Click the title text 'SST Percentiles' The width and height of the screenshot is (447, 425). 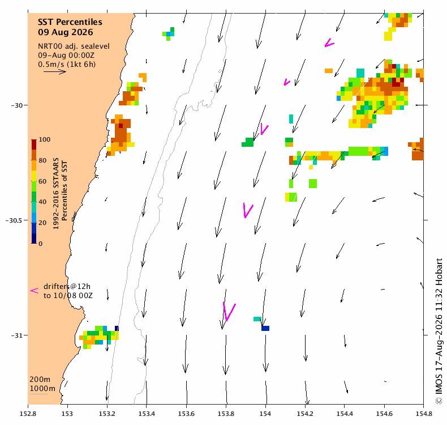pyautogui.click(x=70, y=22)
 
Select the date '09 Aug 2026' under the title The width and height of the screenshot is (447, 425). pyautogui.click(x=66, y=32)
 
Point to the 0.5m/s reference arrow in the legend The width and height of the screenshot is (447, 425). pyautogui.click(x=55, y=71)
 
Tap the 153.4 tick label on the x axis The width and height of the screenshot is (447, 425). pyautogui.click(x=147, y=414)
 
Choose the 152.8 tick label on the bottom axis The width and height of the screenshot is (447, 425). pyautogui.click(x=28, y=414)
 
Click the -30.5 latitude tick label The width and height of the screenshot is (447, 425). pyautogui.click(x=14, y=220)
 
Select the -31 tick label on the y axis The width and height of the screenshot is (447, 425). pyautogui.click(x=16, y=335)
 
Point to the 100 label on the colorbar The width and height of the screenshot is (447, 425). pyautogui.click(x=45, y=139)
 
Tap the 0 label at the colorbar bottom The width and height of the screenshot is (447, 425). pyautogui.click(x=41, y=244)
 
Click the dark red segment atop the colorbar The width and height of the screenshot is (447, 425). pyautogui.click(x=34, y=144)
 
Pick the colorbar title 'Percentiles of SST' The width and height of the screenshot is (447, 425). pyautogui.click(x=65, y=190)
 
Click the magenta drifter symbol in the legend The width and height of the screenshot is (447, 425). pyautogui.click(x=34, y=291)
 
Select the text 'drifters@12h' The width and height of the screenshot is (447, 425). pyautogui.click(x=67, y=286)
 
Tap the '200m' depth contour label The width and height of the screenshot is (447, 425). pyautogui.click(x=40, y=379)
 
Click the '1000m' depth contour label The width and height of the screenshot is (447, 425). pyautogui.click(x=42, y=389)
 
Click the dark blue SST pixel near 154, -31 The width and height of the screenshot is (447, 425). pyautogui.click(x=265, y=329)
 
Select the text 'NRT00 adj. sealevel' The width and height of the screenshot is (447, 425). pyautogui.click(x=74, y=46)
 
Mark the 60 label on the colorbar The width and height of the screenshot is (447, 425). pyautogui.click(x=42, y=181)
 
